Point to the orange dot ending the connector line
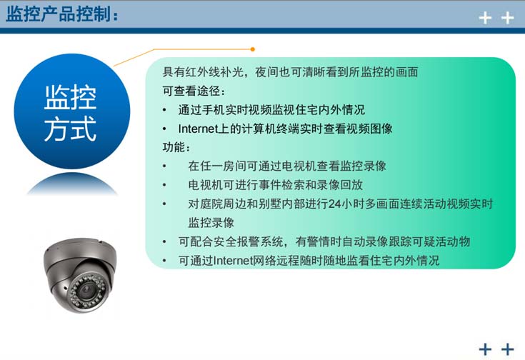[x=252, y=49]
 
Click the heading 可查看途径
[x=194, y=91]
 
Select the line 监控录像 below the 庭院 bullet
[x=211, y=222]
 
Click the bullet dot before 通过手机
[x=165, y=110]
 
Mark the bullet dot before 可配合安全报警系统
[x=165, y=241]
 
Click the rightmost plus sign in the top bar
[x=508, y=18]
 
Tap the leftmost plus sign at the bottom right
[x=486, y=349]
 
